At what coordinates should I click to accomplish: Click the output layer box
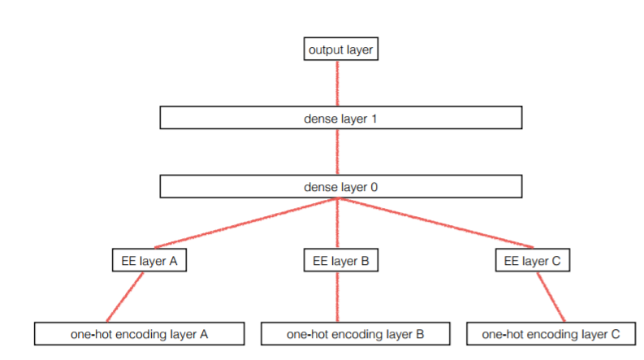click(x=340, y=50)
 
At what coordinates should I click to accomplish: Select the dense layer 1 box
click(x=339, y=118)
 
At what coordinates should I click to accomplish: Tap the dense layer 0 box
click(x=339, y=186)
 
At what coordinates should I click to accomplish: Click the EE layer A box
click(x=149, y=261)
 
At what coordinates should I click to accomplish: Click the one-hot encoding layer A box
click(x=140, y=333)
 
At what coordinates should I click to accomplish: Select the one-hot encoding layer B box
click(x=344, y=333)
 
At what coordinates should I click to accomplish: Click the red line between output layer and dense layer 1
click(x=337, y=83)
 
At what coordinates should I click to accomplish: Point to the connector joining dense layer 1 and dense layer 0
click(x=337, y=152)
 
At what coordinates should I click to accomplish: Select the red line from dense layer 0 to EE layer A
click(x=244, y=223)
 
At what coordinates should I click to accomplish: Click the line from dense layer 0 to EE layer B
click(x=337, y=224)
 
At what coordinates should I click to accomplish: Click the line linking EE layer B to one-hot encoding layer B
click(x=337, y=297)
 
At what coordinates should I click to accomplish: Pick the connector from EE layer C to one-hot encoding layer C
click(x=551, y=297)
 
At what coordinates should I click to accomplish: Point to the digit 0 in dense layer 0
click(x=374, y=186)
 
